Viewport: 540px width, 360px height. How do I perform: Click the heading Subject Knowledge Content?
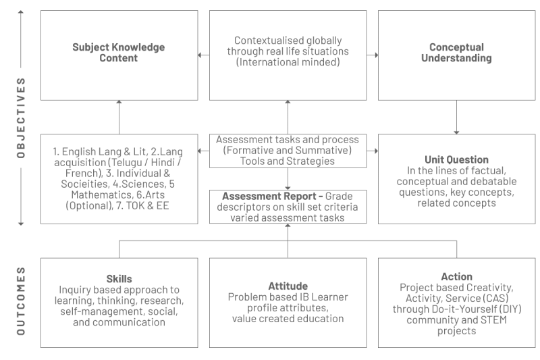click(119, 53)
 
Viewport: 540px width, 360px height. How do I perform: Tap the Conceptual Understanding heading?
click(456, 53)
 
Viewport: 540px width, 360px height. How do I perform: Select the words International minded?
click(288, 62)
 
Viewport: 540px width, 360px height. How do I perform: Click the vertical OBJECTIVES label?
click(21, 118)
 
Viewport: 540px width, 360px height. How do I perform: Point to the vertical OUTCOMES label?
click(21, 301)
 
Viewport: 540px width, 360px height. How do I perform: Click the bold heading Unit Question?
click(456, 159)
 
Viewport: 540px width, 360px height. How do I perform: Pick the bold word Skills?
click(119, 279)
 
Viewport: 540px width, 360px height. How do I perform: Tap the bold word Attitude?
click(288, 286)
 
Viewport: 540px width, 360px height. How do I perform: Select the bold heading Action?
click(457, 277)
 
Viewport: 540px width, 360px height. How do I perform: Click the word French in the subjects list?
click(82, 173)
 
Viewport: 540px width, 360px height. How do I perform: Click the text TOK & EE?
click(147, 205)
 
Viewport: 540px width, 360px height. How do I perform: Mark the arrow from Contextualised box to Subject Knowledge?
click(204, 55)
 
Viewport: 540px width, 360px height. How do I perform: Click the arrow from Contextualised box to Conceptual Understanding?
click(373, 55)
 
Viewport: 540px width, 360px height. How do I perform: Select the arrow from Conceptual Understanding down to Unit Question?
click(457, 117)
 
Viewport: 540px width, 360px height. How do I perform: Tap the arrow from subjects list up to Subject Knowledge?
click(119, 117)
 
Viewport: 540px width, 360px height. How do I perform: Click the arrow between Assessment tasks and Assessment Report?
click(288, 179)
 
